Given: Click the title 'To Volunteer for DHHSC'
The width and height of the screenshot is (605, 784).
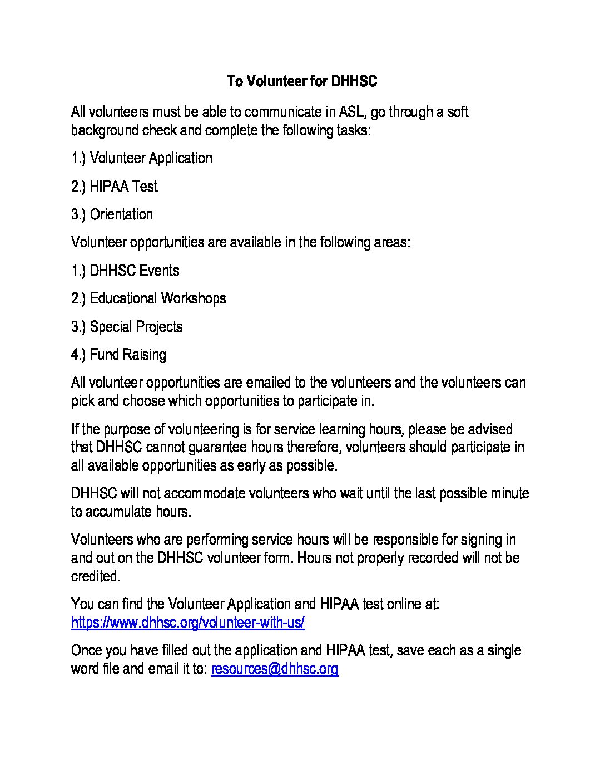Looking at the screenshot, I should [302, 81].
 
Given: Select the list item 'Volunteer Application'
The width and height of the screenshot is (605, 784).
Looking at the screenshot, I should [151, 159].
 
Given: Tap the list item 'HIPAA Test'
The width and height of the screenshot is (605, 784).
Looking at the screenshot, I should [123, 187].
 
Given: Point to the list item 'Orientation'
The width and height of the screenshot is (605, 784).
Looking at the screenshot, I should [121, 214].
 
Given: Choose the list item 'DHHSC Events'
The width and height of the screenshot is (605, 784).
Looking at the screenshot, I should [135, 271].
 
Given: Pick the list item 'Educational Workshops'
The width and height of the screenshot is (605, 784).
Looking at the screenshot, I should [158, 298].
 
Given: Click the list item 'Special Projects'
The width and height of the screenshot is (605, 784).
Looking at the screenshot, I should [136, 327].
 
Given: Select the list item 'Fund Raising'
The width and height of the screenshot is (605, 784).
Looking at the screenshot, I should [128, 355].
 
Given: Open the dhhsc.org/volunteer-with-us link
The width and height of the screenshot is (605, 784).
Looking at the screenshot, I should [188, 623].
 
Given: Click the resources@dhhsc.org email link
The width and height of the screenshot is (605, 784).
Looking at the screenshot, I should [275, 669].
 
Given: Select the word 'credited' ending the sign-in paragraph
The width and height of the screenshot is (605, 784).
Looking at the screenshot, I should [95, 576].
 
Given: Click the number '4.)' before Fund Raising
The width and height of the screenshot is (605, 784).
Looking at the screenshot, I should [79, 355].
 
